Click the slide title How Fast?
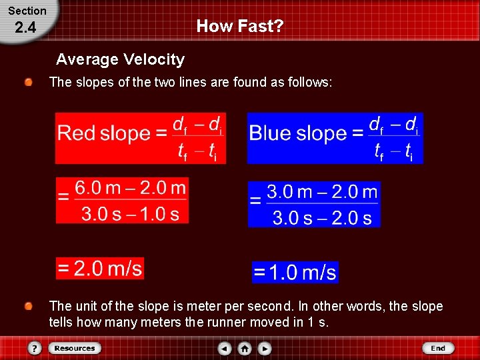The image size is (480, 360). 240,27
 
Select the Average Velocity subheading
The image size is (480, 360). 120,59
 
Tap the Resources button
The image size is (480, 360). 74,348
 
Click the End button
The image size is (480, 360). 438,348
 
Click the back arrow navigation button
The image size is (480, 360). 225,348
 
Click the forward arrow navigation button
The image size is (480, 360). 265,348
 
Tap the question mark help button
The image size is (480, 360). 35,348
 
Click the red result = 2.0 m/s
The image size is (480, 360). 100,269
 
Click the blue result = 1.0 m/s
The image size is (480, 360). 295,273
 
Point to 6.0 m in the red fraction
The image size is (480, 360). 97,188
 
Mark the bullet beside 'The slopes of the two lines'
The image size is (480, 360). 29,83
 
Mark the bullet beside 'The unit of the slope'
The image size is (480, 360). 29,307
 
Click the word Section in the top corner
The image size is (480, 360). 27,11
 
